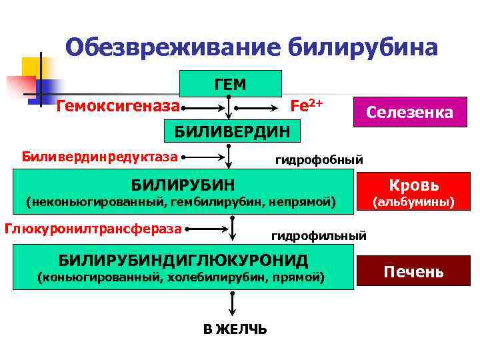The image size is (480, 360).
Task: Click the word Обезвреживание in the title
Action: pyautogui.click(x=173, y=47)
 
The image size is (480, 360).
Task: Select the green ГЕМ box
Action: pyautogui.click(x=230, y=84)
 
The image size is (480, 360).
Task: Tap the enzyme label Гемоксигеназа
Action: pyautogui.click(x=118, y=105)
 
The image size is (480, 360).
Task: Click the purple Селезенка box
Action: pyautogui.click(x=409, y=113)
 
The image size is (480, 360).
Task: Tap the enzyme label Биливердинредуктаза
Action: pyautogui.click(x=100, y=157)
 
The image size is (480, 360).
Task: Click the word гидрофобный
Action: pyautogui.click(x=319, y=159)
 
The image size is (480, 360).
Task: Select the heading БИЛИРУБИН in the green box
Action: pyautogui.click(x=182, y=183)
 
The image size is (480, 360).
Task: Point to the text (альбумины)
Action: pyautogui.click(x=413, y=201)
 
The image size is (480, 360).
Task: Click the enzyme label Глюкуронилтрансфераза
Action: pyautogui.click(x=93, y=228)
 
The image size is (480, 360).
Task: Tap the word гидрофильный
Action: pyautogui.click(x=319, y=235)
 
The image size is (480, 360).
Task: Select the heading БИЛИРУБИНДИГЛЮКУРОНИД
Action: pyautogui.click(x=183, y=258)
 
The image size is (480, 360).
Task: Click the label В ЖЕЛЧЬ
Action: pyautogui.click(x=235, y=329)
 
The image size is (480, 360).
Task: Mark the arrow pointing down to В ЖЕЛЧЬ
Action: pyautogui.click(x=232, y=303)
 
